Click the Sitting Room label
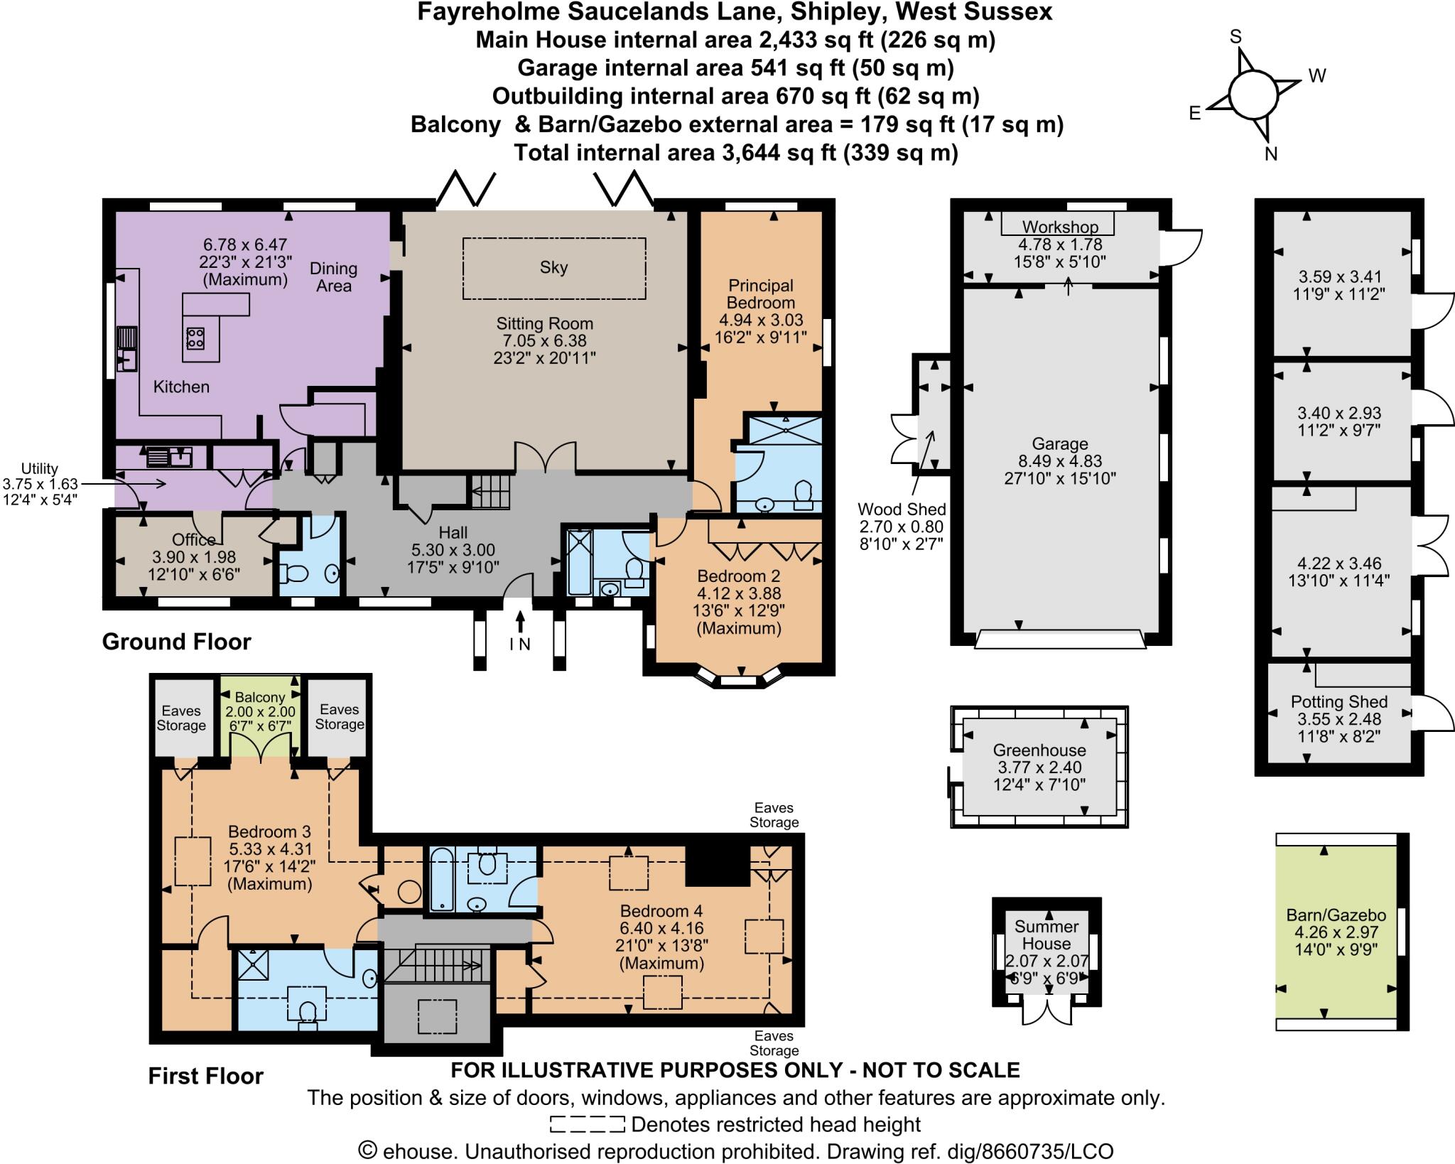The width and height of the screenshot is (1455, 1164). (x=544, y=324)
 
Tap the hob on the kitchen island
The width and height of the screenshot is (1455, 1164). (x=195, y=338)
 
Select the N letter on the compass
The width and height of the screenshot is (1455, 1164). (x=1271, y=154)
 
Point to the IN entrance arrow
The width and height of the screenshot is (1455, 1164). (x=520, y=622)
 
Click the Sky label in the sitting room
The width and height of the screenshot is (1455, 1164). (x=553, y=268)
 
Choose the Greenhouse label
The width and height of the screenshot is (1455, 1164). (x=1039, y=750)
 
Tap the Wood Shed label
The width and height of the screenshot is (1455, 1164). (x=902, y=510)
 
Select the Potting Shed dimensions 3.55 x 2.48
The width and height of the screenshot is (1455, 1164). (x=1338, y=719)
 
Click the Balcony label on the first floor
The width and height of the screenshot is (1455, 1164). (x=260, y=698)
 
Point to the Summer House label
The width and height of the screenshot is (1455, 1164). (x=1046, y=935)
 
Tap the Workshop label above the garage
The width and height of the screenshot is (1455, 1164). (x=1060, y=227)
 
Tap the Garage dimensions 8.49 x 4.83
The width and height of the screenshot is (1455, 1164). (x=1059, y=461)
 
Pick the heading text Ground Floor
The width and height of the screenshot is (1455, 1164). (x=176, y=642)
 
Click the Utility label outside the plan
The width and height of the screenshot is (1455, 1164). (x=40, y=468)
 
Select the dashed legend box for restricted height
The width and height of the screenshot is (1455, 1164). (x=587, y=1124)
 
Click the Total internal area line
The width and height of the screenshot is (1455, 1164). (x=735, y=153)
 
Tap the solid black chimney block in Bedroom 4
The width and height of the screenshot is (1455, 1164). (x=718, y=865)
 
